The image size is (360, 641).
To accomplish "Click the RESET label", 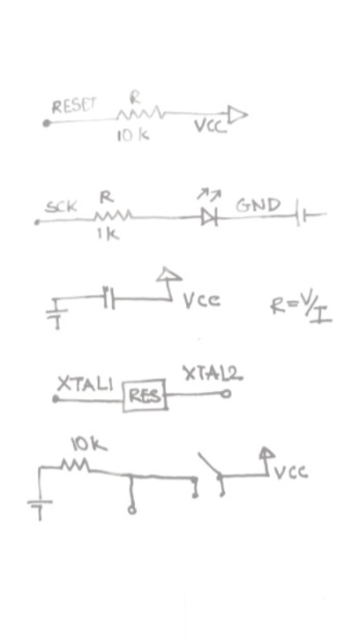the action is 74,106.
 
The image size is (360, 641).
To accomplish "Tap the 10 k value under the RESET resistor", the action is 133,135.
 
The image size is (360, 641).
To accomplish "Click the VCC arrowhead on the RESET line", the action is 237,115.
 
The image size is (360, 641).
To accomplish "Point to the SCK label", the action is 61,207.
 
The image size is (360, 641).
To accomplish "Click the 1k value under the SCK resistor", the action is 108,234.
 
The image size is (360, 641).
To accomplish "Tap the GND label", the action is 258,205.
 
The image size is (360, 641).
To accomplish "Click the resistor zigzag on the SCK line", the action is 113,216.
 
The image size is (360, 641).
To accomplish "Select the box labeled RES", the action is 145,395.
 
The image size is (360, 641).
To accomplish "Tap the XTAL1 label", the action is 85,384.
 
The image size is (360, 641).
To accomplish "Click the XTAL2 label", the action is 212,373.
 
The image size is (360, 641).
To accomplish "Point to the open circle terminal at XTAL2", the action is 226,393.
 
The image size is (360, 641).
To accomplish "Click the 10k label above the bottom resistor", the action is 89,445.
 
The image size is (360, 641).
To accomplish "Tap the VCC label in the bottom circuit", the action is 291,473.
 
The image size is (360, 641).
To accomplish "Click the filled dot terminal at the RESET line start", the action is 47,123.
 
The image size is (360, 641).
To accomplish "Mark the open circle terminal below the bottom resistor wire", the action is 131,510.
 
